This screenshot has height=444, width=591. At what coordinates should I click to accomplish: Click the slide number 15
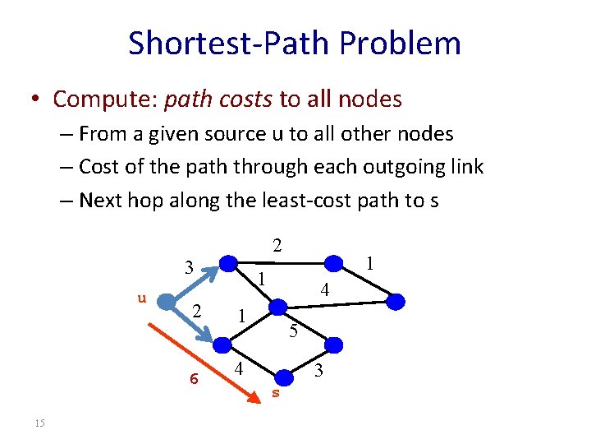pos(39,423)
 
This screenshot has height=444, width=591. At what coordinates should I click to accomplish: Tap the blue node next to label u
pos(167,303)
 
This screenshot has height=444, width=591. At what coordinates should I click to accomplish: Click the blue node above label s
pos(285,377)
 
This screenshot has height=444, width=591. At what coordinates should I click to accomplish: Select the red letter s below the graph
pos(276,393)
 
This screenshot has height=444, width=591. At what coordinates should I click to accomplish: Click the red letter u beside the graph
pos(141,298)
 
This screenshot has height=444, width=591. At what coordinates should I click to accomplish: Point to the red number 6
pos(194,378)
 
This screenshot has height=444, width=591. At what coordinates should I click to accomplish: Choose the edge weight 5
pos(293,332)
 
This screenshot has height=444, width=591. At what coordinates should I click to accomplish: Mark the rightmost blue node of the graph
pos(396,302)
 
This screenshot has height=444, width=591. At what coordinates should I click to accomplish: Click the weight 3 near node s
pos(319,371)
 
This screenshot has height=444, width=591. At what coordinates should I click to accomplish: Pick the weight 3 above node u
pos(189,267)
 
